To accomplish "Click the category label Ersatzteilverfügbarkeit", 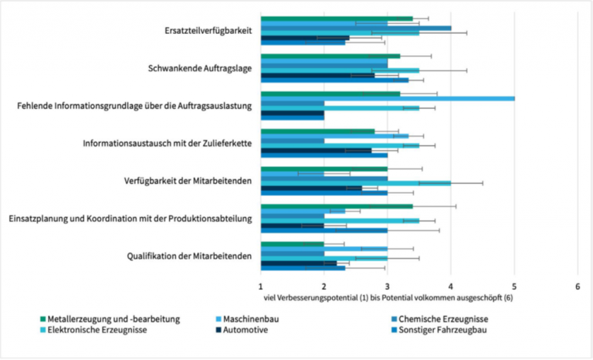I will pyautogui.click(x=208, y=31).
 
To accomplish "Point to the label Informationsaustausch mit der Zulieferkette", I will pyautogui.click(x=168, y=143).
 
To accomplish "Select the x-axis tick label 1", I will pyautogui.click(x=261, y=285).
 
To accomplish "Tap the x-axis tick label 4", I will pyautogui.click(x=451, y=285).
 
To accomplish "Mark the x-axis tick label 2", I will pyautogui.click(x=324, y=285).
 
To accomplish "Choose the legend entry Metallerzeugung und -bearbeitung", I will pyautogui.click(x=114, y=318).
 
